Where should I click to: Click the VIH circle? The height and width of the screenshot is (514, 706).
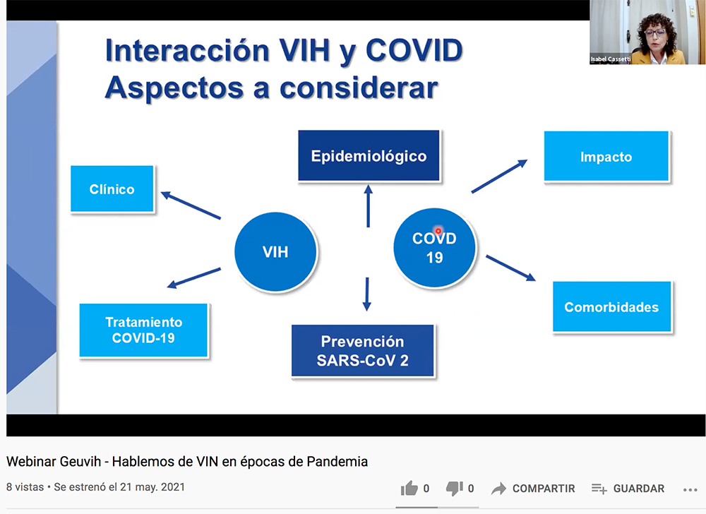[x=275, y=251]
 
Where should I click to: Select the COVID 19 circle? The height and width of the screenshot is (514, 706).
[x=434, y=248]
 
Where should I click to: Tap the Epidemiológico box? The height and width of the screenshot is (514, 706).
[x=369, y=156]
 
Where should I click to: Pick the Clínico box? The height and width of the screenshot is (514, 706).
[x=112, y=189]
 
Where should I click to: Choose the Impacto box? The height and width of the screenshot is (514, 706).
[x=606, y=156]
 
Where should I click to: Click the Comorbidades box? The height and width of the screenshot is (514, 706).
[x=611, y=307]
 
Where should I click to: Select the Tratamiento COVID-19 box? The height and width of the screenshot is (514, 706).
[x=143, y=330]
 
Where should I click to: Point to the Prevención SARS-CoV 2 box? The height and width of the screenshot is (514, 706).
[x=362, y=351]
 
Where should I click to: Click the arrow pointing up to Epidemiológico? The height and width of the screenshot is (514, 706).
[x=369, y=205]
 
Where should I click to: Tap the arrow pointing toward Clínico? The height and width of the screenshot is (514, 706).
[x=191, y=205]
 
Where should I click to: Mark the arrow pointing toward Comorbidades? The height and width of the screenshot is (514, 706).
[x=510, y=268]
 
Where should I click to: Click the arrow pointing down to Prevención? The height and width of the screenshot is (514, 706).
[x=367, y=294]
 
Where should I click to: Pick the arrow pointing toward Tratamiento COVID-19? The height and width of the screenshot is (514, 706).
[x=193, y=277]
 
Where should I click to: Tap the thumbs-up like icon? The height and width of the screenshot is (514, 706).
[x=409, y=489]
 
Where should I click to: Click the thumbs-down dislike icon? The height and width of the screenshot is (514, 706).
[x=454, y=489]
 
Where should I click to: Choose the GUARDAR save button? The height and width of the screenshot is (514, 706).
[x=628, y=489]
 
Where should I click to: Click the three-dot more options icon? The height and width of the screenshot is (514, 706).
[x=690, y=490]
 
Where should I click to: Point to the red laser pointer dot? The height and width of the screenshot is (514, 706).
[x=438, y=231]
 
